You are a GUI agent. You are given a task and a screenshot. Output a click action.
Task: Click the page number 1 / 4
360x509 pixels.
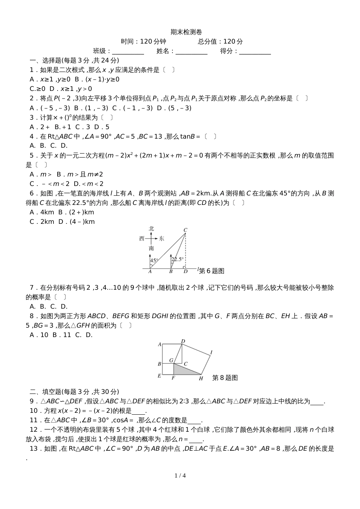[180, 475]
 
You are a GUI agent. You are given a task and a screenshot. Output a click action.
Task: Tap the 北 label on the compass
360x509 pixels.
[151, 228]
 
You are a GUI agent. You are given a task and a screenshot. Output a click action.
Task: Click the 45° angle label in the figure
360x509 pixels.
[153, 261]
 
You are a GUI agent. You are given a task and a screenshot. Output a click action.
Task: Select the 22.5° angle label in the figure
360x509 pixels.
[177, 259]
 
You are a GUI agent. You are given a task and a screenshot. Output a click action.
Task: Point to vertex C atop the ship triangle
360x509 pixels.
[185, 230]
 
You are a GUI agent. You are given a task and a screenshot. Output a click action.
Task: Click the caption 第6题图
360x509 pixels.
[212, 271]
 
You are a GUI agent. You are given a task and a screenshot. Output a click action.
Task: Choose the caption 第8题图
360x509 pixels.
[225, 378]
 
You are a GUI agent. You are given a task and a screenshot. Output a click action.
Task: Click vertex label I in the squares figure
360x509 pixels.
[211, 353]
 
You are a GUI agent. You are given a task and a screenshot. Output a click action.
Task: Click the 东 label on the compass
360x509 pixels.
[162, 239]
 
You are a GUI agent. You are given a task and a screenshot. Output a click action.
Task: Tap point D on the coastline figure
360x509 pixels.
[185, 272]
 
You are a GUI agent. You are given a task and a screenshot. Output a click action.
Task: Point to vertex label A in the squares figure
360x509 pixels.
[160, 344]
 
